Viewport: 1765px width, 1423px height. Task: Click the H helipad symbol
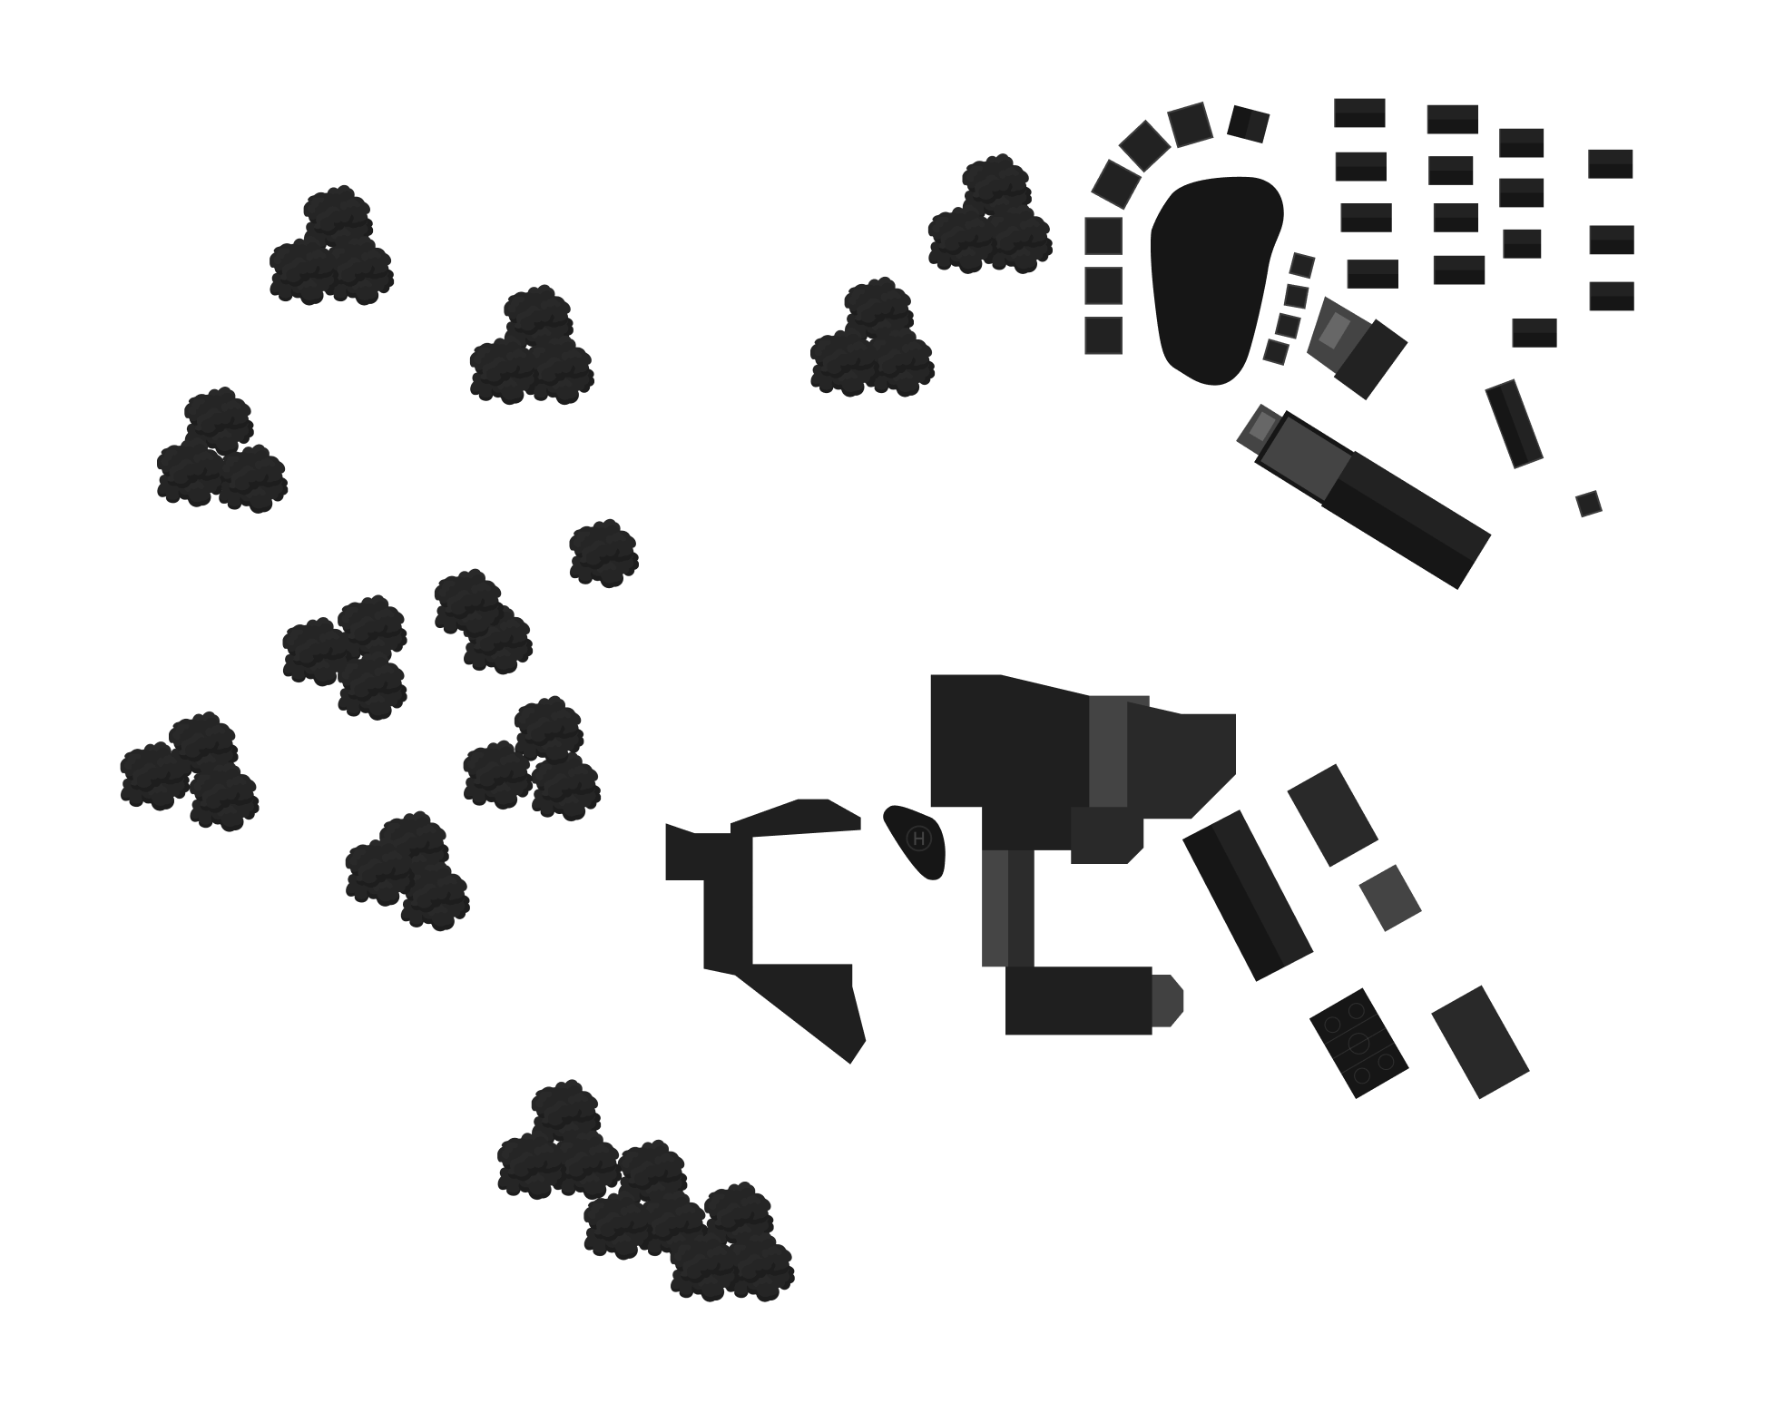coord(919,839)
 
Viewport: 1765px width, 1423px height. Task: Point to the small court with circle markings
coord(1358,1041)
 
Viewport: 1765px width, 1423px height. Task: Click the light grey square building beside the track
coord(1389,898)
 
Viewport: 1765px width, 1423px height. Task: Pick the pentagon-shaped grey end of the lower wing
coord(1169,1001)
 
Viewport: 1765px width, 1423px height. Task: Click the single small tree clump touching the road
coord(603,552)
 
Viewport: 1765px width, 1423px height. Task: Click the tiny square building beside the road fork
coord(1588,505)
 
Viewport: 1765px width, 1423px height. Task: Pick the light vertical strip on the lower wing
coord(995,908)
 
